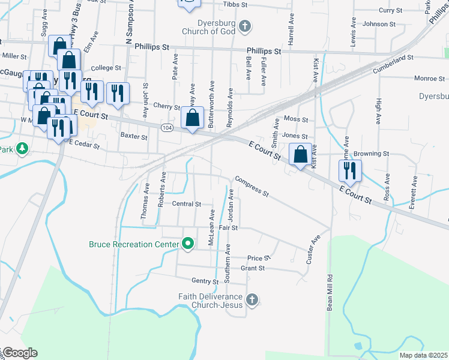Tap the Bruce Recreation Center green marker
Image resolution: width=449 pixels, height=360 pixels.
(x=188, y=244)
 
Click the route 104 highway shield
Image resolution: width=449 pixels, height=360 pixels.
(x=167, y=128)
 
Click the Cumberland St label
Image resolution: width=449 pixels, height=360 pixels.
(x=393, y=59)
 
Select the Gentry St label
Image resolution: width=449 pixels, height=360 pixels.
(x=205, y=281)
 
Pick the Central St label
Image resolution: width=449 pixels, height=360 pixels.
(x=186, y=204)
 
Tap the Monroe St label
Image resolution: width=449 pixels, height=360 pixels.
(x=429, y=79)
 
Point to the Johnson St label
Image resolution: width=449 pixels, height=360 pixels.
(x=379, y=24)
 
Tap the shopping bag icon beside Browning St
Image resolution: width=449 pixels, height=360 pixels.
(x=301, y=154)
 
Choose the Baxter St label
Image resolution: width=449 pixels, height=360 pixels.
(x=134, y=137)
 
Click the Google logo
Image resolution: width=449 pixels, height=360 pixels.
(x=19, y=353)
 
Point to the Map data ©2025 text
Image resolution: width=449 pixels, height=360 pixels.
(x=423, y=355)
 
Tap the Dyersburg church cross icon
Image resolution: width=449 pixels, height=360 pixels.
(x=244, y=26)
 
